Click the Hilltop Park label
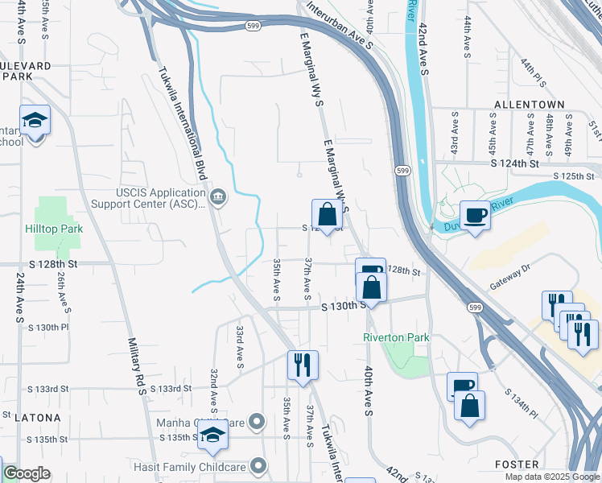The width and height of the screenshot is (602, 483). point(54,229)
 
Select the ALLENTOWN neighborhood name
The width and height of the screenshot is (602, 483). point(529,105)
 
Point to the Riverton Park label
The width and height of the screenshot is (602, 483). point(396,337)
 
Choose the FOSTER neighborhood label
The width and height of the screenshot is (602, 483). point(516,464)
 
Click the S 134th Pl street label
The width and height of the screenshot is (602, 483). point(520,402)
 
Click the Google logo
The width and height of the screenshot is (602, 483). point(27,473)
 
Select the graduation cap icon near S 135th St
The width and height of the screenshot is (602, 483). point(212,435)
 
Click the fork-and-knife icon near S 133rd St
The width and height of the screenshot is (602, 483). point(303,365)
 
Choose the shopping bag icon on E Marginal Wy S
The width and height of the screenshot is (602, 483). point(328,215)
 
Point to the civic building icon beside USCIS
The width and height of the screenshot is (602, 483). point(217,198)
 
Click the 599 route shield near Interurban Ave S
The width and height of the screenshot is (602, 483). point(252,27)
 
